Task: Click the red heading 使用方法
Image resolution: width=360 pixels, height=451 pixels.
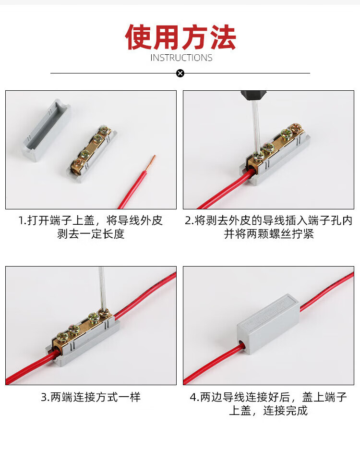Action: [x=180, y=37]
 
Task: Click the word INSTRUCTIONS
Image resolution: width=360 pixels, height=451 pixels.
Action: [x=181, y=58]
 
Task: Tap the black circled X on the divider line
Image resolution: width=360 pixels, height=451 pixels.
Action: [x=180, y=73]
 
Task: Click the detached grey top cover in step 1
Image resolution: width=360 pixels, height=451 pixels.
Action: [x=47, y=130]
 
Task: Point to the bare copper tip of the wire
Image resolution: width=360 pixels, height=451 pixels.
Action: [x=153, y=162]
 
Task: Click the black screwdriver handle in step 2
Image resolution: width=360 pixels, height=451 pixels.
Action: [x=253, y=95]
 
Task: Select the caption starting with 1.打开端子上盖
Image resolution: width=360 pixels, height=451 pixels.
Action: [x=91, y=227]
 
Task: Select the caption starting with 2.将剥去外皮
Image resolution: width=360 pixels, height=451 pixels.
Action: [x=269, y=227]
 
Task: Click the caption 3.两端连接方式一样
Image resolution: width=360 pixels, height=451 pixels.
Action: [x=91, y=397]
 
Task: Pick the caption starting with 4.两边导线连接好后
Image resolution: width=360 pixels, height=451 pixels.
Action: [x=269, y=404]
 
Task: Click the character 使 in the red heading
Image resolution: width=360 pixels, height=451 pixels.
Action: [x=138, y=37]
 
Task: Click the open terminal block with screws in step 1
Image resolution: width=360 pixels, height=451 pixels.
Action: [x=92, y=154]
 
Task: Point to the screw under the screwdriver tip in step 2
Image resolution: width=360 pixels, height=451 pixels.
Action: [x=258, y=157]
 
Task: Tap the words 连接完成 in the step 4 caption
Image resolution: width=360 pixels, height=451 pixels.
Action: [x=285, y=411]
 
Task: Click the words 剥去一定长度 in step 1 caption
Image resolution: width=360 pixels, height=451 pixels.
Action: [x=91, y=234]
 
